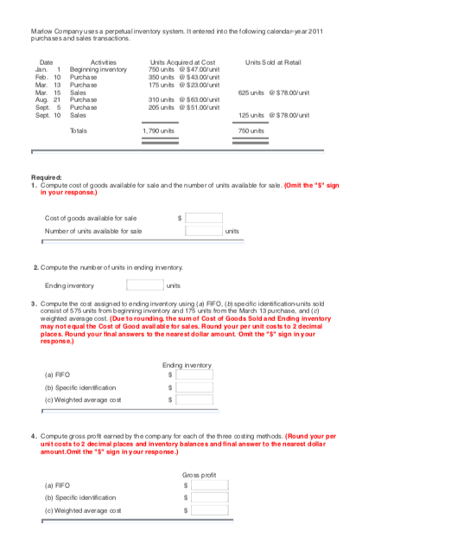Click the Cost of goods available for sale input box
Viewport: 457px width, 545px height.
point(204,218)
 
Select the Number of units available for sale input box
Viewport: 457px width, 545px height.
point(204,231)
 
